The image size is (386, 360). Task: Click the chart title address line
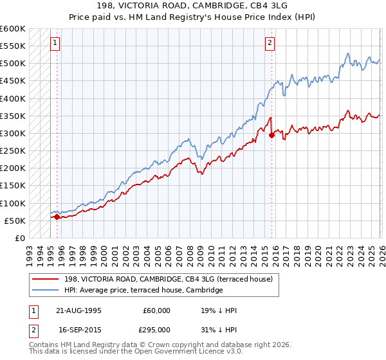coord(193,6)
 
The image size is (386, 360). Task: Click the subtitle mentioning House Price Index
coord(193,17)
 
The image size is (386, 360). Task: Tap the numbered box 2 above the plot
coord(269,43)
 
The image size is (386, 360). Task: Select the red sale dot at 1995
coord(57,217)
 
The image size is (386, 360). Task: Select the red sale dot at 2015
coord(271,135)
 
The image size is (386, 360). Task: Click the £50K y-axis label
coord(14,221)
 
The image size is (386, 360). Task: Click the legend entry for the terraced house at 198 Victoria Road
coord(167,279)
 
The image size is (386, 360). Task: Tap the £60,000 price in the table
coord(156,310)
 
